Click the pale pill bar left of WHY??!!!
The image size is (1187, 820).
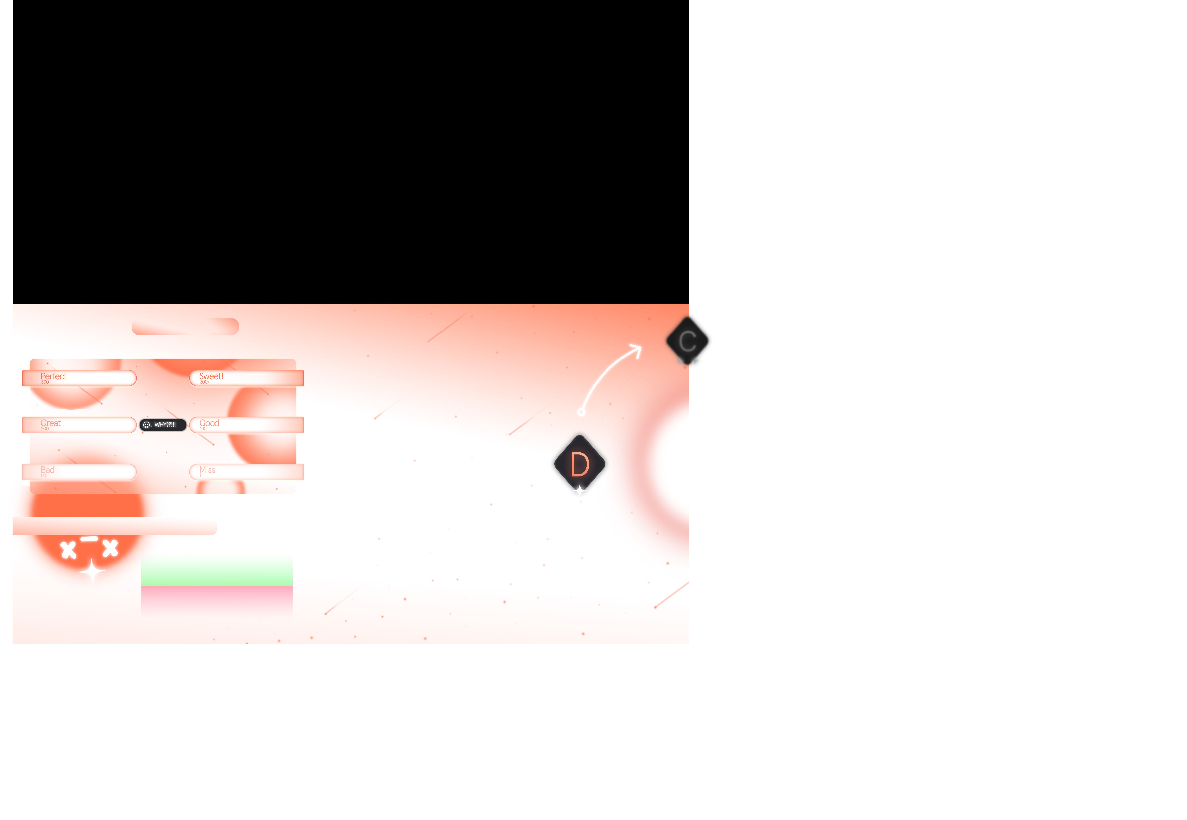coord(80,425)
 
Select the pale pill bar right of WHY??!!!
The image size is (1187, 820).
coord(247,425)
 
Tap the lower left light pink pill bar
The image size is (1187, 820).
coord(80,472)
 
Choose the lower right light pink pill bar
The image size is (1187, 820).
coord(247,472)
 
